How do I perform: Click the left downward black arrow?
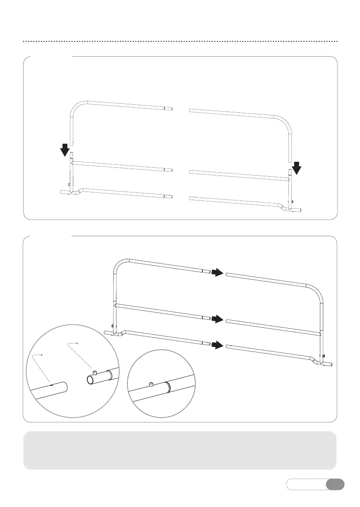tap(64, 150)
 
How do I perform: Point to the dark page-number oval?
tap(335, 484)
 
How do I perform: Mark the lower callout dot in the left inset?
tap(41, 354)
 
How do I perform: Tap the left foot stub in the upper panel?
tap(64, 192)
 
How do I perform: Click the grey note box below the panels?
tap(180, 450)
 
